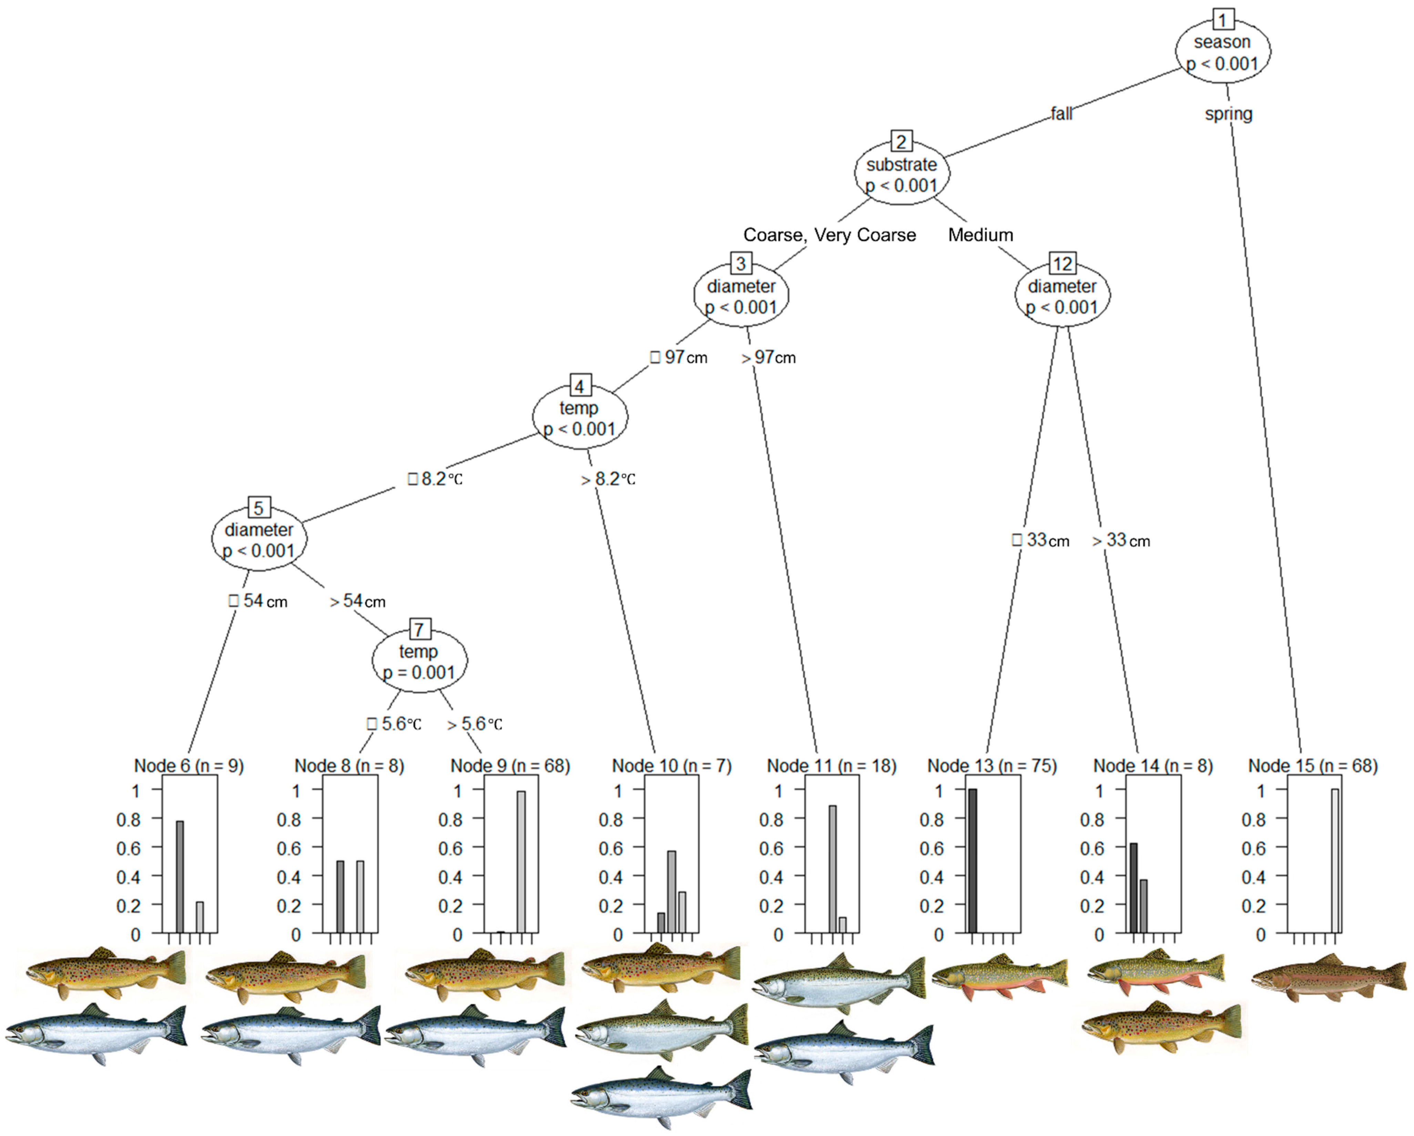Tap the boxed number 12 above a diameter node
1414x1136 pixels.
pos(1062,264)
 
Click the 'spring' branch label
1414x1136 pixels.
pos(1228,114)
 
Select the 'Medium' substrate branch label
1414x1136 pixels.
pos(980,235)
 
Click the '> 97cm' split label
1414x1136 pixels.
pos(769,357)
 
